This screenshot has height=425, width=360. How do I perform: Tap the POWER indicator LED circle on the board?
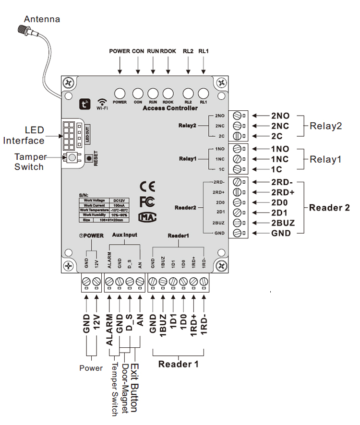point(120,94)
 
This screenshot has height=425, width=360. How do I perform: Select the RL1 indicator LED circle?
point(204,94)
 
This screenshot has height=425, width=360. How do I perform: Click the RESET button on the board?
point(89,158)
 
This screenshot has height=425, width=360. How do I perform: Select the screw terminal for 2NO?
point(236,116)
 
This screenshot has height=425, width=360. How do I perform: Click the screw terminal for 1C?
point(236,169)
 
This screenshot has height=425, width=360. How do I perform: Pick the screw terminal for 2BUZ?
point(236,223)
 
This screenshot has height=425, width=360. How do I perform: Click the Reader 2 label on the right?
point(329,208)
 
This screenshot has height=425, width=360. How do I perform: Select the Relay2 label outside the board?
point(326,126)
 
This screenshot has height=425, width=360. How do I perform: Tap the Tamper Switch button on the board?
point(72,158)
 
